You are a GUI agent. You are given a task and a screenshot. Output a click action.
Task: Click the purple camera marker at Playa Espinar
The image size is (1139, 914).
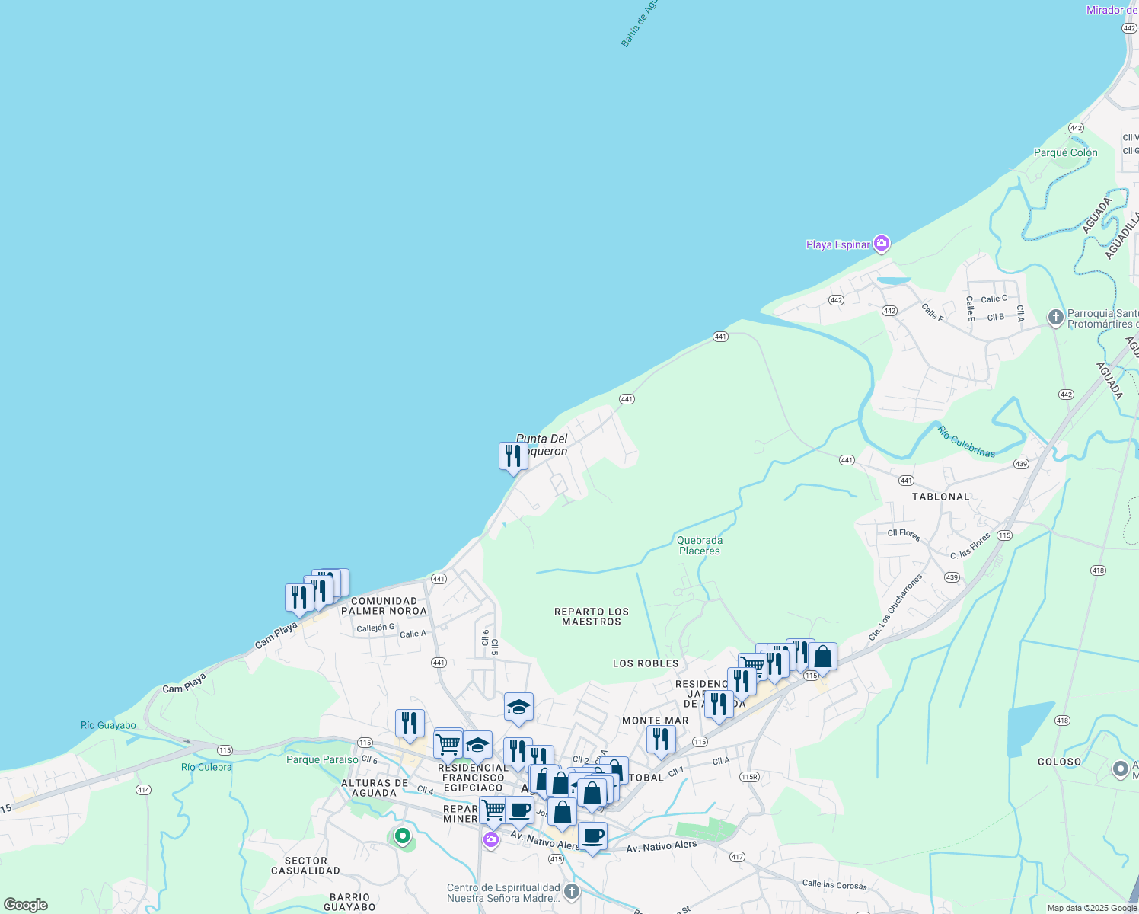[x=882, y=244]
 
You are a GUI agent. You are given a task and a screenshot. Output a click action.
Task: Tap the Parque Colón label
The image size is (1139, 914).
[x=1065, y=152]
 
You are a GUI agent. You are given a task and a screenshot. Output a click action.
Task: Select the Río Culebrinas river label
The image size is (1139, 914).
[x=966, y=442]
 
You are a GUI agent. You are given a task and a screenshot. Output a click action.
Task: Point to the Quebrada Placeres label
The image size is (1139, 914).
[x=699, y=545]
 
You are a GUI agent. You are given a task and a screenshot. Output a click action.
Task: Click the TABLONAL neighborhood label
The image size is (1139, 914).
[x=941, y=497]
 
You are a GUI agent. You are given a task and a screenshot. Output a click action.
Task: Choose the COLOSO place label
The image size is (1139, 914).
[x=1059, y=762]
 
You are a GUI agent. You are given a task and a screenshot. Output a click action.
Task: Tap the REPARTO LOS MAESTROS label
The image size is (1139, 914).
[x=592, y=616]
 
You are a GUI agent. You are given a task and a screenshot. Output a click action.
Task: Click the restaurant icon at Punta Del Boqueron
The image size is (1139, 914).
[x=513, y=456]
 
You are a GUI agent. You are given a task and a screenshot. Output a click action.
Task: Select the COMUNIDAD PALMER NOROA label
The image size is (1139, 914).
[x=384, y=606]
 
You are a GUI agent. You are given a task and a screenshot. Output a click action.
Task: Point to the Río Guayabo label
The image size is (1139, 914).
[x=108, y=725]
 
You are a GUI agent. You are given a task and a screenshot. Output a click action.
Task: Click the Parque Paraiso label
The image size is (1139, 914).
[x=322, y=759]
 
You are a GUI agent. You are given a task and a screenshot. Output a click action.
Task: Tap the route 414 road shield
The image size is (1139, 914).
[x=143, y=790]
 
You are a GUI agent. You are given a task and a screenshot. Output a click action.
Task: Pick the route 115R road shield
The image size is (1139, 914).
[x=749, y=777]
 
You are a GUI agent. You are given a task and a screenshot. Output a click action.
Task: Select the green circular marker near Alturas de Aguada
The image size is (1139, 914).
[x=402, y=836]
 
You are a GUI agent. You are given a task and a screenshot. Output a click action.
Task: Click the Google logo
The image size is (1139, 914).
[x=26, y=905]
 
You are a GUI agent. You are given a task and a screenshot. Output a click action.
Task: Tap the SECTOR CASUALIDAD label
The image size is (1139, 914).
[x=306, y=865]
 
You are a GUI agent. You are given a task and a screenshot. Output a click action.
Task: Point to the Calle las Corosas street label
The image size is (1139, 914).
[x=834, y=884]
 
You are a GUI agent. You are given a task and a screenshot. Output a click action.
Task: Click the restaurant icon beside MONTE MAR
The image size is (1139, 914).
[x=661, y=738]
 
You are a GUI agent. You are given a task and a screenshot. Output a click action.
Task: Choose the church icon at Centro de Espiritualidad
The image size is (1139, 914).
[x=572, y=891]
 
